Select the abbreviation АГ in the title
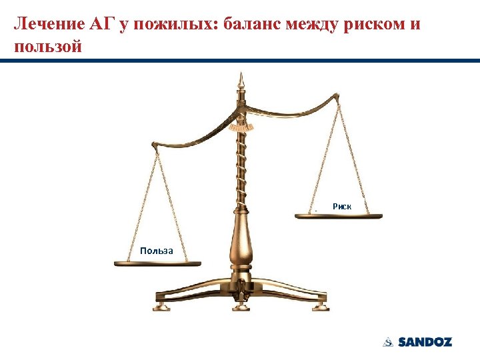click(x=99, y=25)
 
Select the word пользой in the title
click(x=46, y=48)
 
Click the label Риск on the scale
click(x=342, y=207)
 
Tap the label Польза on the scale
click(x=157, y=251)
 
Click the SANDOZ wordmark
click(x=425, y=342)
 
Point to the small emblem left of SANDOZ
click(x=388, y=342)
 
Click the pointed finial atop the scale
click(x=239, y=83)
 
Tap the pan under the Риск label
click(x=339, y=216)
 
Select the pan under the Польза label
click(x=157, y=264)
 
